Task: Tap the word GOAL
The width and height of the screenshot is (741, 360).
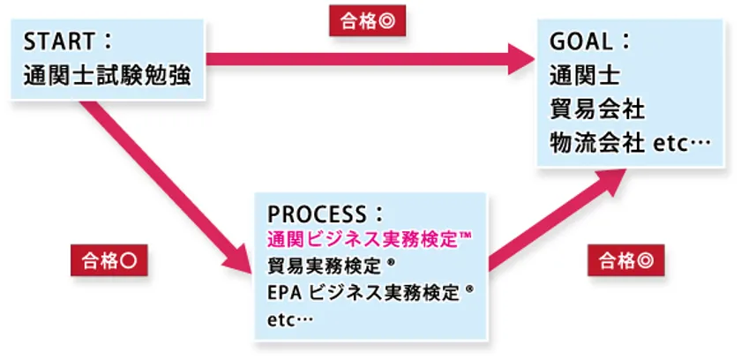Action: click(579, 42)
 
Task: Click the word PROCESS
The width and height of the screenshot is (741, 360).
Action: click(316, 214)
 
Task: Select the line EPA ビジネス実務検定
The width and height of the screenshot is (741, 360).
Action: click(363, 292)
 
